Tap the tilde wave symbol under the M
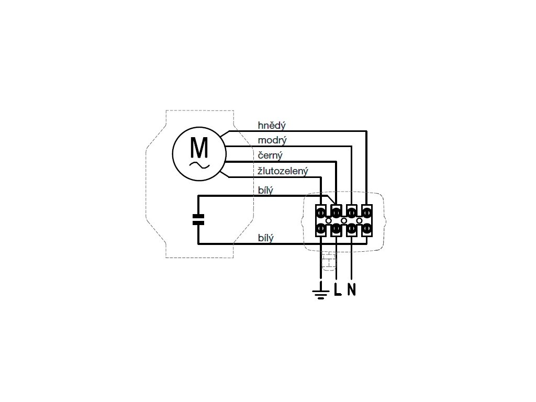199,165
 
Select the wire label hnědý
272,126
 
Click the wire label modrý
272,140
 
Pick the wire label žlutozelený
283,171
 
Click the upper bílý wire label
266,190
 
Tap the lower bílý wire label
266,238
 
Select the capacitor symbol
198,219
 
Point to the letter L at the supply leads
337,289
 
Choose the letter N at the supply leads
351,289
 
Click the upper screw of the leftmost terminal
321,213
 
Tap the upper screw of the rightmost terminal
367,213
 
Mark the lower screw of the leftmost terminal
321,229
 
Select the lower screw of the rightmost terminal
367,229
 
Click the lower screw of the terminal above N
352,229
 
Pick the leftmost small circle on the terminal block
328,220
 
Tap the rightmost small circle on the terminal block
359,220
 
